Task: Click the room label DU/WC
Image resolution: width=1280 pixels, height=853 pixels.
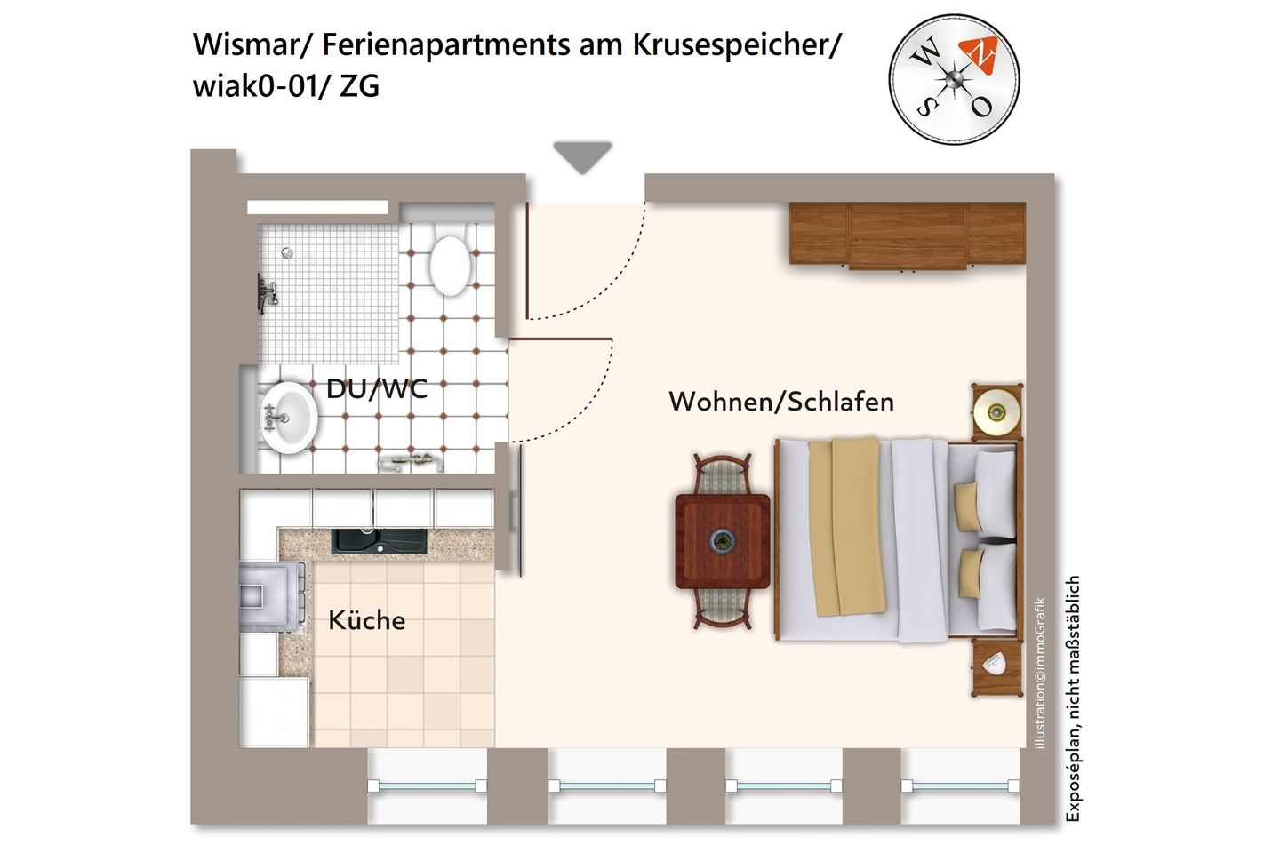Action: pyautogui.click(x=376, y=389)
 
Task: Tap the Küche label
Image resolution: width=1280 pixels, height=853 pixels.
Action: pyautogui.click(x=366, y=620)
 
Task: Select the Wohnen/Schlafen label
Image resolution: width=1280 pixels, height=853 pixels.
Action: pyautogui.click(x=780, y=402)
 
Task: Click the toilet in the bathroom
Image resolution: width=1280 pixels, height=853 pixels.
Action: pyautogui.click(x=451, y=264)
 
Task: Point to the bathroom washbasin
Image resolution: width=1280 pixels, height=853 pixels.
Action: pyautogui.click(x=288, y=417)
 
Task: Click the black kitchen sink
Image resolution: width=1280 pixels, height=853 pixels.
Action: pyautogui.click(x=379, y=540)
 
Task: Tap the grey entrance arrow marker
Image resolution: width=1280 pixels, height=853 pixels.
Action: pyautogui.click(x=582, y=156)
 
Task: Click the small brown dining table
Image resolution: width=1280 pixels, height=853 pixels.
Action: pyautogui.click(x=723, y=541)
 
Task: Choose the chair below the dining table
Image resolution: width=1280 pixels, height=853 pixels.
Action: pyautogui.click(x=722, y=609)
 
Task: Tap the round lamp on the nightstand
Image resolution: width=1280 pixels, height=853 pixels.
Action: pyautogui.click(x=996, y=411)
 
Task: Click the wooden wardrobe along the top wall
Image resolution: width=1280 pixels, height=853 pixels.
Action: pyautogui.click(x=907, y=235)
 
